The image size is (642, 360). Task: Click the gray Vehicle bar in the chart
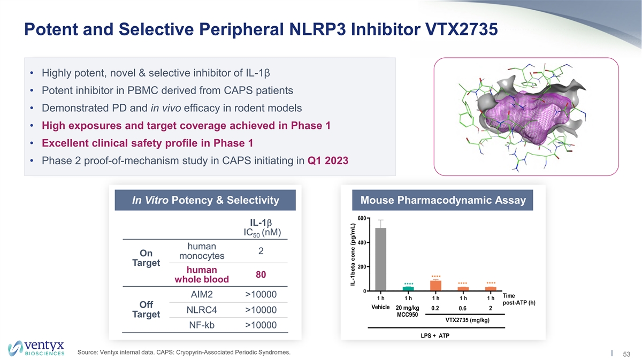tap(380, 259)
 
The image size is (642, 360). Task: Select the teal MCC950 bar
tap(408, 289)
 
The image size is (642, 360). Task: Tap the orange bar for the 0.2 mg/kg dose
tap(435, 286)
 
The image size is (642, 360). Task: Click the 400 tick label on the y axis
tap(362, 243)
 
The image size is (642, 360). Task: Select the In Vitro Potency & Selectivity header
tap(205, 200)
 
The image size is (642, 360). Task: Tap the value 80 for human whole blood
tap(261, 274)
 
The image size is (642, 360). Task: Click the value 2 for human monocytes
tap(261, 251)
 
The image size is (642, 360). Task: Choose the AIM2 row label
tap(202, 295)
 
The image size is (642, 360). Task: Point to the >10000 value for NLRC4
tap(261, 310)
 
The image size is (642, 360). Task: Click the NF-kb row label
tap(202, 325)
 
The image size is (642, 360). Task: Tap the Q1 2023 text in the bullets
tap(328, 161)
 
